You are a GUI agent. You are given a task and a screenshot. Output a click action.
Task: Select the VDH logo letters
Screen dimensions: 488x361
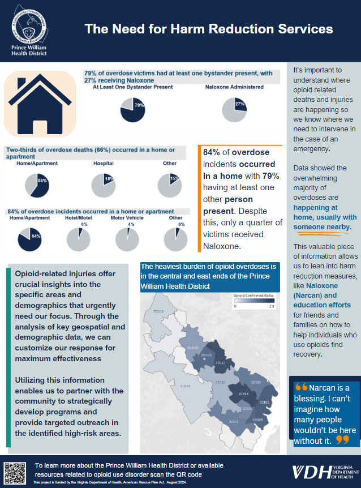pyautogui.click(x=308, y=472)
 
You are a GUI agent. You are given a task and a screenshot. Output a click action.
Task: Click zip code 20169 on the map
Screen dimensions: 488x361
pyautogui.click(x=158, y=312)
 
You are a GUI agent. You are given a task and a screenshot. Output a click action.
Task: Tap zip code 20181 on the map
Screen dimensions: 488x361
pyautogui.click(x=185, y=386)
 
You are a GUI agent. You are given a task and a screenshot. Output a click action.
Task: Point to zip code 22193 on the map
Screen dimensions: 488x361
pyautogui.click(x=243, y=393)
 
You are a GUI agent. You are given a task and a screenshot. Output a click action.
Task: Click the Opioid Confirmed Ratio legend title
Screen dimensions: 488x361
pyautogui.click(x=253, y=296)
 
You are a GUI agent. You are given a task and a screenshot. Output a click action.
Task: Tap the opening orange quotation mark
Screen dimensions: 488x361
pyautogui.click(x=301, y=388)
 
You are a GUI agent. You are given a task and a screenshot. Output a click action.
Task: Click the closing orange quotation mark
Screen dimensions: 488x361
pyautogui.click(x=342, y=440)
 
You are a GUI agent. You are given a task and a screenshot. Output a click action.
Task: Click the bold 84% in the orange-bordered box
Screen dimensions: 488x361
pyautogui.click(x=212, y=152)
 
